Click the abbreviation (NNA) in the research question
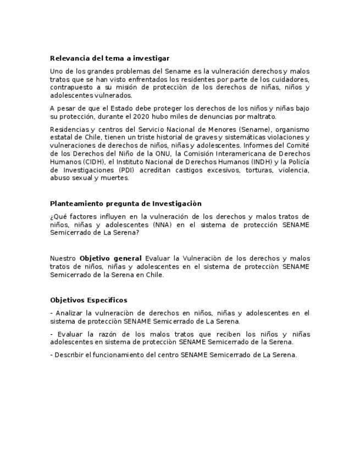tap(148, 224)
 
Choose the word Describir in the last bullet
tap(69, 355)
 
